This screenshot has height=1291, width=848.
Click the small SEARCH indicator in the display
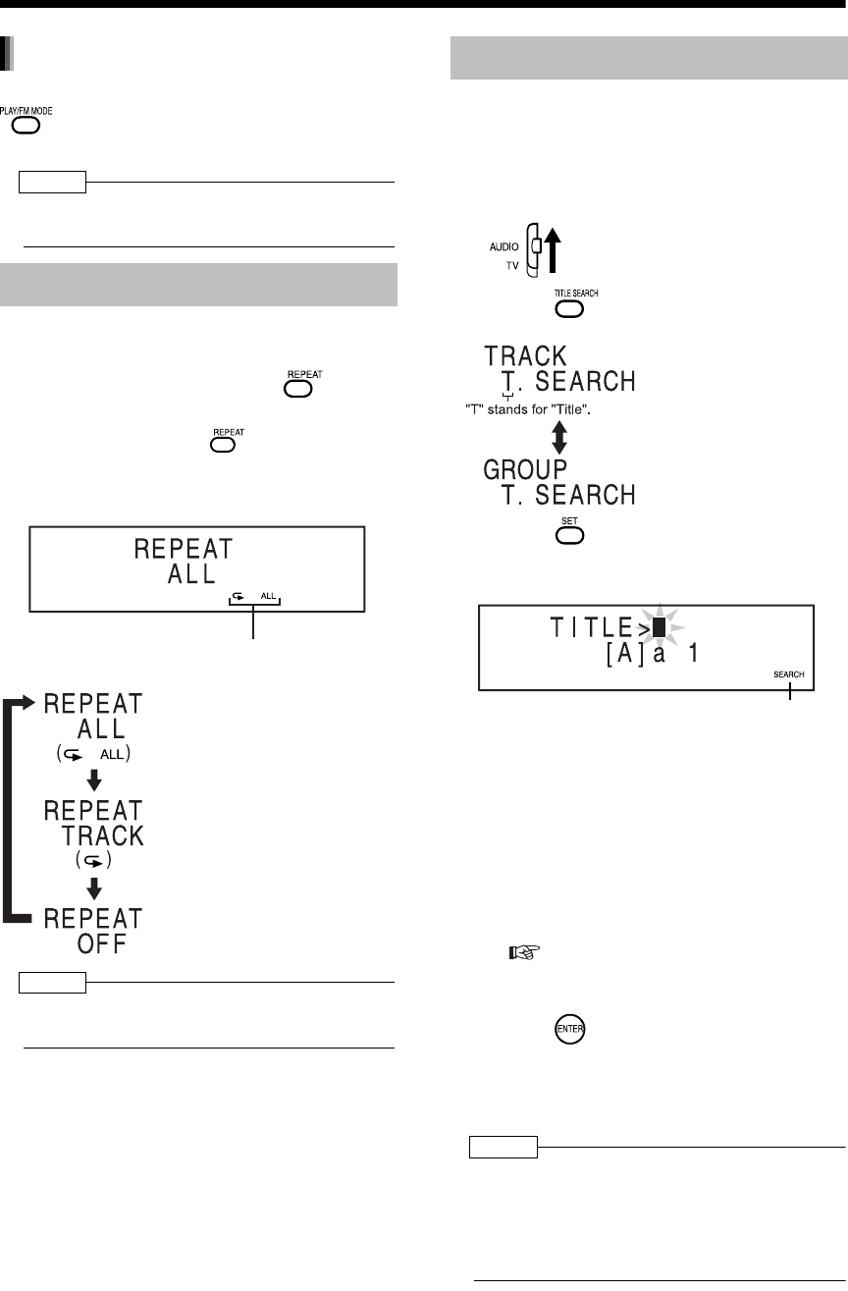point(787,674)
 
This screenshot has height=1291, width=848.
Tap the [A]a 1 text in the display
point(652,653)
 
